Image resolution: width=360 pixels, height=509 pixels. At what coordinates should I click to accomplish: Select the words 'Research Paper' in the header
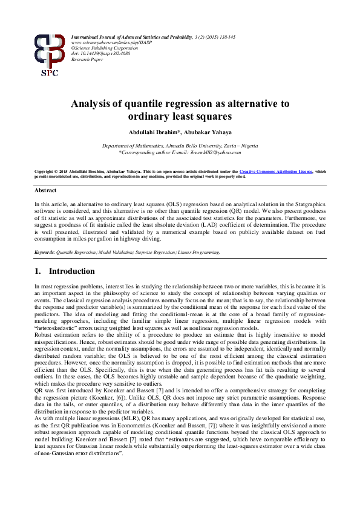click(87, 60)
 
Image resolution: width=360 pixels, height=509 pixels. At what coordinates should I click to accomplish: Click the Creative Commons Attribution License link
click(276, 172)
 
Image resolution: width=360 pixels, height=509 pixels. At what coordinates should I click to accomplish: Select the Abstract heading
click(46, 190)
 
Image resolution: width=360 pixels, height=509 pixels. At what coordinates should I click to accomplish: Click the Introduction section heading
click(71, 271)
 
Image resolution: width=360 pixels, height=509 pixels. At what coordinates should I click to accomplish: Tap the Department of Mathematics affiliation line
click(180, 146)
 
